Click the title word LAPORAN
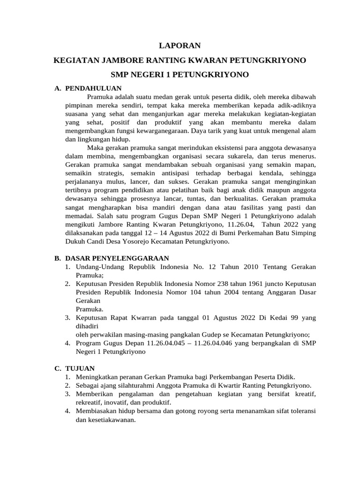coord(180,45)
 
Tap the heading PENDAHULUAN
coord(94,88)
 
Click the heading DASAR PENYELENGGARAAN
coord(117,258)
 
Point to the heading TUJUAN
coord(80,368)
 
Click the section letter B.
coord(57,258)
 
